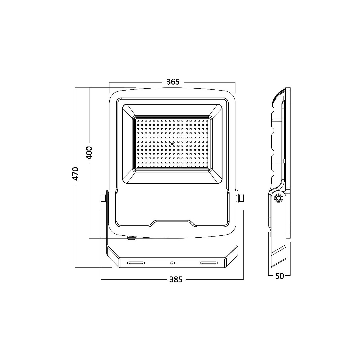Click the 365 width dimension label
173,82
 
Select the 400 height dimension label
89,153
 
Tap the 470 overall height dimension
75,174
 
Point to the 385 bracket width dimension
175,280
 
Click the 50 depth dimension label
280,276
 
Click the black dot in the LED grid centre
172,143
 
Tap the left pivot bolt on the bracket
103,198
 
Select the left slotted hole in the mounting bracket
136,263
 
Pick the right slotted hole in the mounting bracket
209,263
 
